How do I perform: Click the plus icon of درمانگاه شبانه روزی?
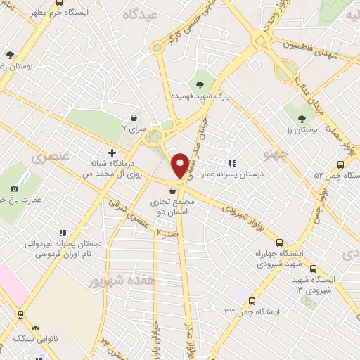111,152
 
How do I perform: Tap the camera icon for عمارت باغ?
15,188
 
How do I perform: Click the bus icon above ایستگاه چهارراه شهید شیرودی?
280,241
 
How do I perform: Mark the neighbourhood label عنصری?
48,156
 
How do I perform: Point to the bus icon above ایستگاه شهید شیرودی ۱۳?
314,269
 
